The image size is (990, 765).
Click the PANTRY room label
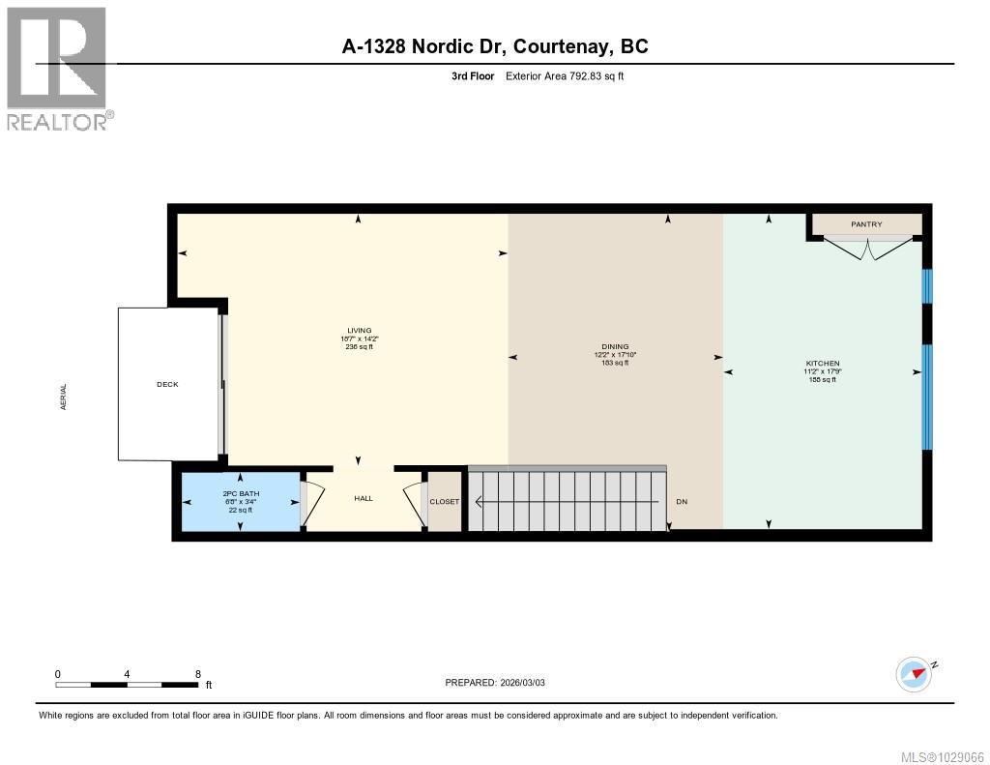click(x=866, y=224)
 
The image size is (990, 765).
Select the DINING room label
click(x=615, y=346)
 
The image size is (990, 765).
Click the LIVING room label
click(x=360, y=331)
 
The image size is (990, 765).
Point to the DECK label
click(x=167, y=384)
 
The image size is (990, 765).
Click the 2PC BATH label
click(x=240, y=494)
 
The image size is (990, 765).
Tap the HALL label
click(x=364, y=499)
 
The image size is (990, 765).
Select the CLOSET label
click(x=445, y=502)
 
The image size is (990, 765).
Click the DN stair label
click(x=682, y=502)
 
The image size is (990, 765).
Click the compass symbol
click(x=914, y=673)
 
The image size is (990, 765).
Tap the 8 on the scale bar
click(x=197, y=674)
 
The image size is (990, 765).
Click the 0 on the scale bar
click(x=58, y=674)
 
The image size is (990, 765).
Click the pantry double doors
click(x=866, y=248)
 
